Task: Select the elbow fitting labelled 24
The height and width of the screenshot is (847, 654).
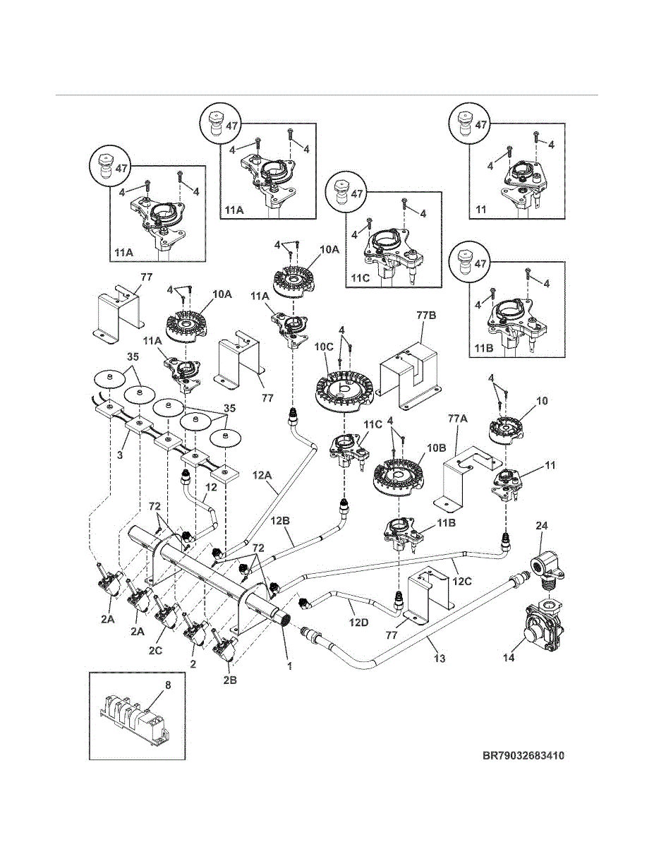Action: point(547,570)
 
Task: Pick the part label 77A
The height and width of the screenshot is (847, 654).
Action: point(457,419)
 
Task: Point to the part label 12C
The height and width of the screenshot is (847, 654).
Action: point(462,581)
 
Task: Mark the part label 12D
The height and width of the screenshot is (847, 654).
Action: point(359,622)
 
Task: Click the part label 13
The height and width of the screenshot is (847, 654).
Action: point(439,659)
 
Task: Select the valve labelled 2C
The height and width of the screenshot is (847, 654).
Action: point(167,613)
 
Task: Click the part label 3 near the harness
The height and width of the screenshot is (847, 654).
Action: point(120,455)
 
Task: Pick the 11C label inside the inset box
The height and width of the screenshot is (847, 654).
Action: point(361,279)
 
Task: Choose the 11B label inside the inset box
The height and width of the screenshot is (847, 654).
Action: point(484,348)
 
